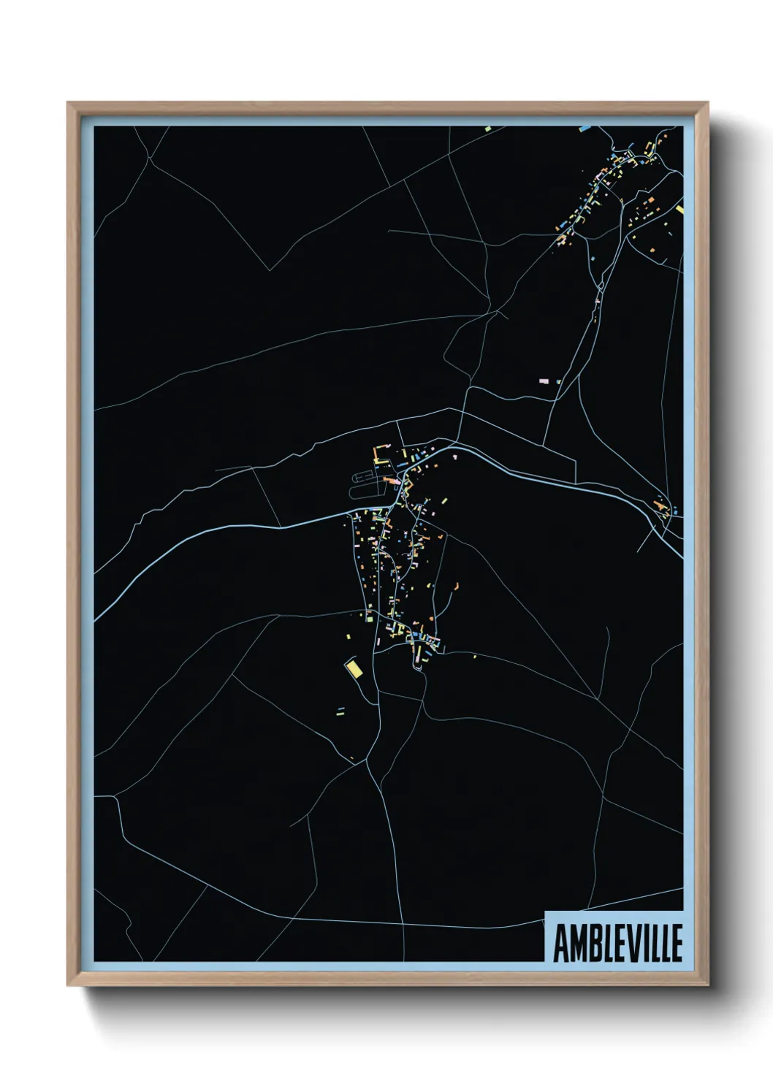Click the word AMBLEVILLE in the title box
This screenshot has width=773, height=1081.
pyautogui.click(x=617, y=943)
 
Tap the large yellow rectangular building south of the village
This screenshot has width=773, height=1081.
pyautogui.click(x=354, y=668)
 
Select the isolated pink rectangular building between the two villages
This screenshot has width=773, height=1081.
pyautogui.click(x=543, y=381)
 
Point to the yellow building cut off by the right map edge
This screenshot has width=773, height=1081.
pyautogui.click(x=679, y=210)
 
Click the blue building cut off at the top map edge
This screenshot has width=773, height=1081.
pyautogui.click(x=584, y=129)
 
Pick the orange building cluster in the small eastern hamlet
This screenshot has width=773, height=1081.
pyautogui.click(x=662, y=506)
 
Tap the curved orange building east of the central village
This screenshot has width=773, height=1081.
pyautogui.click(x=456, y=586)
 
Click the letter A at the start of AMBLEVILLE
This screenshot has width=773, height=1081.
pyautogui.click(x=561, y=943)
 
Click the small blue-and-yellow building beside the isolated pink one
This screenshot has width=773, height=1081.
pyautogui.click(x=558, y=381)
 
